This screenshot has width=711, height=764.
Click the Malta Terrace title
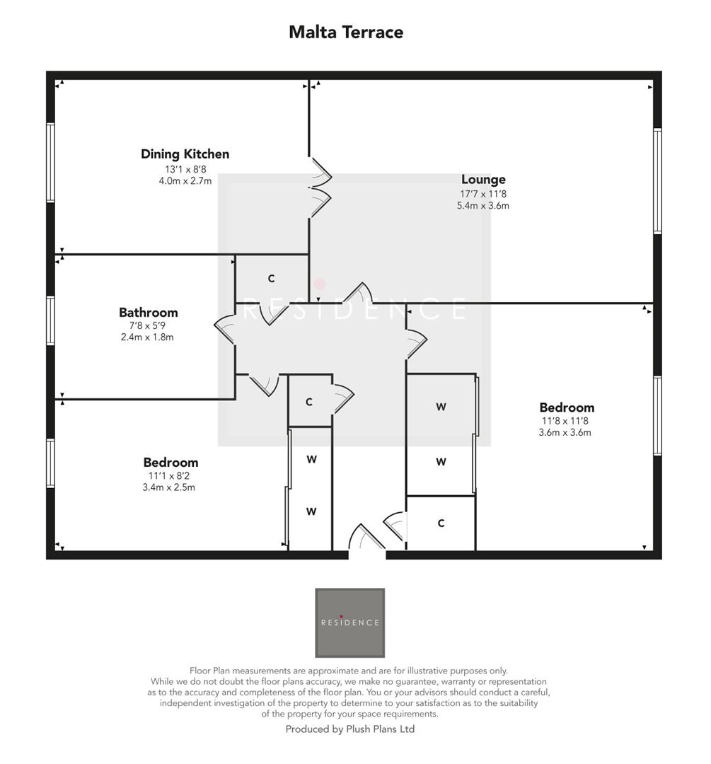[x=346, y=32]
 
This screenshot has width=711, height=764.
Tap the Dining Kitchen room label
[x=185, y=154]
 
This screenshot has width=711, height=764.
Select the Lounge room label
[x=483, y=180]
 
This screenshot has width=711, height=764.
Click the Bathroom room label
[x=148, y=313]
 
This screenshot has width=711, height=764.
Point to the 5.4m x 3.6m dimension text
[x=483, y=206]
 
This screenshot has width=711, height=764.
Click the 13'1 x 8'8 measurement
[x=185, y=170]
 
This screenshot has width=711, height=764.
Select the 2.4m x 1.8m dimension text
[x=147, y=337]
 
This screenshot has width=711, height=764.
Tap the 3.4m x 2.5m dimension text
[x=170, y=487]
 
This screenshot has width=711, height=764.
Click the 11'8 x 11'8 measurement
[x=566, y=420]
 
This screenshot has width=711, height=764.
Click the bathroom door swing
[x=226, y=329]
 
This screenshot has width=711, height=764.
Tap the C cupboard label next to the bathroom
[x=271, y=279]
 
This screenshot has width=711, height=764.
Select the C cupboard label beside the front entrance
[x=441, y=523]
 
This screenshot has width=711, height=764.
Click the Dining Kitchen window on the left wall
[x=50, y=163]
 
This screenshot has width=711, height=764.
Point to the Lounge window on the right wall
[x=657, y=181]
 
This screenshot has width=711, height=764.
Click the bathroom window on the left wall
[x=50, y=320]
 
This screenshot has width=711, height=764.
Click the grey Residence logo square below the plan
[x=349, y=623]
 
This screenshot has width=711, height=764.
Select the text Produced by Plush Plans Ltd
[x=349, y=729]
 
